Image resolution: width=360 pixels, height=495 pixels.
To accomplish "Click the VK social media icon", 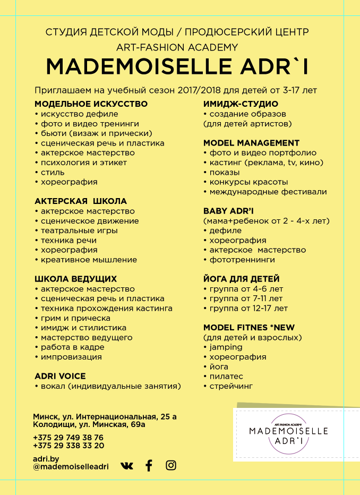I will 126,466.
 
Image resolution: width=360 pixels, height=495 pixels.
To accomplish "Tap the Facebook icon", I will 149,466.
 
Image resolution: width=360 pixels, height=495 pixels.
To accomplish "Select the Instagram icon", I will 171,465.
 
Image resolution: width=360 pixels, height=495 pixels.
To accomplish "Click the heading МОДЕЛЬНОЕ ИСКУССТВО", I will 91,104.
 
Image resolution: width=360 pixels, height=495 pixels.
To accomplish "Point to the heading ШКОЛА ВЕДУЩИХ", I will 75,279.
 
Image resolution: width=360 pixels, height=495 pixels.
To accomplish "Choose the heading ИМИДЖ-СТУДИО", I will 241,104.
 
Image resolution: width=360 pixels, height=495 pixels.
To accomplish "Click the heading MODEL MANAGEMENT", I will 251,143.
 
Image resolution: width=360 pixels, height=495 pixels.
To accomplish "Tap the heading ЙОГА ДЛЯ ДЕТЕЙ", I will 241,279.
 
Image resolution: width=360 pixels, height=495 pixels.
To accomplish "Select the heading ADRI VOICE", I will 60,375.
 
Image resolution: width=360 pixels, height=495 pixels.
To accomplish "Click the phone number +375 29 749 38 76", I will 68,437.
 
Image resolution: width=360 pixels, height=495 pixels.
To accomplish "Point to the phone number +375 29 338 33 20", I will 68,446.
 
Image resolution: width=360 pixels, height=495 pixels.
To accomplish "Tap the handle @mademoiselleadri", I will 71,466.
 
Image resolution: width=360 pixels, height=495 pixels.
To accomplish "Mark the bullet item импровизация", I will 71,357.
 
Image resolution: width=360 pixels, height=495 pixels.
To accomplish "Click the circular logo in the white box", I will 288,431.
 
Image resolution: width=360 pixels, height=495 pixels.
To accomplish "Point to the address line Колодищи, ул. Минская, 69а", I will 89,424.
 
